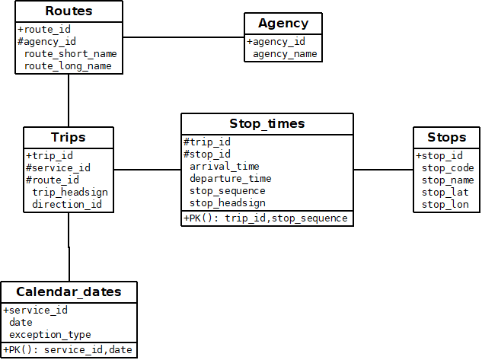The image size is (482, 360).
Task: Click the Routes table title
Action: pos(69,11)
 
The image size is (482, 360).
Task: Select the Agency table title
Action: pos(283,24)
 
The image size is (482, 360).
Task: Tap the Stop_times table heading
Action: pos(267,124)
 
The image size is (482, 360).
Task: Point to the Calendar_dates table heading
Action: pos(69,292)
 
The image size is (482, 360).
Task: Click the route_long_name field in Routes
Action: pos(68,66)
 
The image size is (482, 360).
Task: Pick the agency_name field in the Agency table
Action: pos(285,54)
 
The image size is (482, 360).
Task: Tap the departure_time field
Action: pos(230,179)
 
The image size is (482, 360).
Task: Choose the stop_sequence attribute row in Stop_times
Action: pos(227,191)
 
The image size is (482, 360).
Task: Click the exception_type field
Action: pos(49,335)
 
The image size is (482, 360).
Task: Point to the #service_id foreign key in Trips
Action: pos(58,168)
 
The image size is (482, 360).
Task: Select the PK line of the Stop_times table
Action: pos(266,218)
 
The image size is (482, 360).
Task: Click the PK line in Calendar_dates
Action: pos(68,349)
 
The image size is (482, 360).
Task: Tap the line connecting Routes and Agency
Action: pos(183,37)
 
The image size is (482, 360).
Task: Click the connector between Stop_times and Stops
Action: pos(383,170)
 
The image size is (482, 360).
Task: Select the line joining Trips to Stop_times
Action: pos(147,170)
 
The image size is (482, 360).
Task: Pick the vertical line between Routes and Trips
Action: pos(69,100)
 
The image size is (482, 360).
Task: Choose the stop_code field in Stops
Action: pos(448,168)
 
